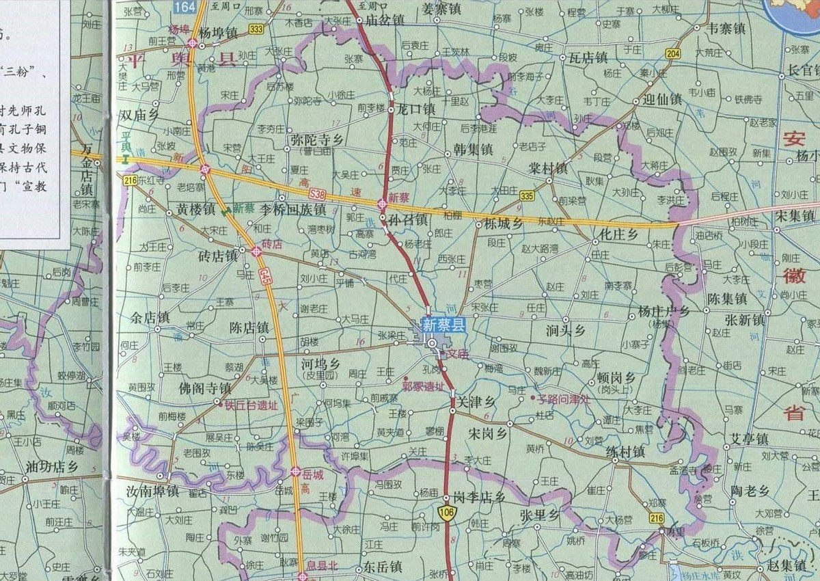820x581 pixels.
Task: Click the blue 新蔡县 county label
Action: (443, 325)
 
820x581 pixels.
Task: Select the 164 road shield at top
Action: (184, 7)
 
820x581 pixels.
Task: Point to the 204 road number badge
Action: (672, 54)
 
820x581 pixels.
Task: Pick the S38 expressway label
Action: (317, 195)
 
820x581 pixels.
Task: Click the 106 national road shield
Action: (448, 513)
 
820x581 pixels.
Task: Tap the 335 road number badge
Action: (526, 196)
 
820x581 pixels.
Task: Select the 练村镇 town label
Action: (625, 451)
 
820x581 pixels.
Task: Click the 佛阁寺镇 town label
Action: (204, 388)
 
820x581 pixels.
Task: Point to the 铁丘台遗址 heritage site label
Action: (251, 405)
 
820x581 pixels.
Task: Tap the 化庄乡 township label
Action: (618, 234)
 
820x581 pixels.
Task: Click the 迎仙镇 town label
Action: (662, 99)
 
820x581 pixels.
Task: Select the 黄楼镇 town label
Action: (195, 208)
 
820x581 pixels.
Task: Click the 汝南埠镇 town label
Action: (152, 491)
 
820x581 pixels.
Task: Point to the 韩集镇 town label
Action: (473, 148)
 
